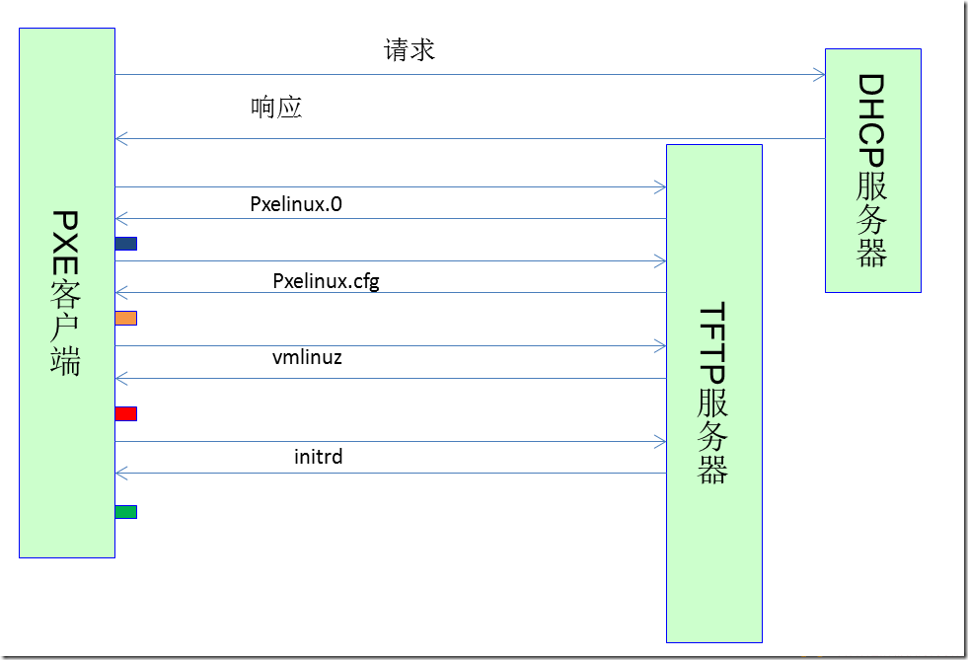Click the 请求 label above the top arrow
click(410, 50)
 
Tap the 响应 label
click(276, 108)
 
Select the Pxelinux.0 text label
click(296, 204)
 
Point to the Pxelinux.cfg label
click(326, 281)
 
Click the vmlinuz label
click(307, 357)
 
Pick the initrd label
click(318, 457)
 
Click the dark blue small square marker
click(126, 244)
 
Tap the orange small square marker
click(126, 319)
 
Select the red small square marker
click(126, 413)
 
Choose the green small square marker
click(126, 512)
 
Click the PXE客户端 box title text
click(65, 293)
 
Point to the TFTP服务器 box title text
click(712, 393)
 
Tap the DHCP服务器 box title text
click(871, 171)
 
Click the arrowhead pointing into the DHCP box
click(820, 75)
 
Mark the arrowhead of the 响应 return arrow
click(121, 139)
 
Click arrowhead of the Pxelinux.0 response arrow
click(121, 219)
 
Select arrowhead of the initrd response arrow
click(121, 474)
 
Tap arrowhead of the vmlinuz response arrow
click(121, 379)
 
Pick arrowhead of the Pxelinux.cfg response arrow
click(121, 293)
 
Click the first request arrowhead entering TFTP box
click(660, 187)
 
